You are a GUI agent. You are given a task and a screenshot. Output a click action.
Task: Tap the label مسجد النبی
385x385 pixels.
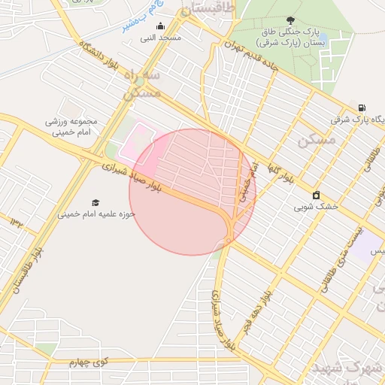159,37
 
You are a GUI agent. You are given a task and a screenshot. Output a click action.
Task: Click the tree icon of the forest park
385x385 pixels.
290,21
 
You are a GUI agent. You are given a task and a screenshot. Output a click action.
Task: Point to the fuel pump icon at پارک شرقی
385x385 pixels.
362,108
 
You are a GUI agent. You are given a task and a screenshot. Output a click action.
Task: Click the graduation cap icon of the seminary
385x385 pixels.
95,203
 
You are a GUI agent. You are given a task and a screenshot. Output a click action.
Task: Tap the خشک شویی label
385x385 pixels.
316,205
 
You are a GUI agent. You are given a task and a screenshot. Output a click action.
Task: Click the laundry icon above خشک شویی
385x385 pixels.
316,195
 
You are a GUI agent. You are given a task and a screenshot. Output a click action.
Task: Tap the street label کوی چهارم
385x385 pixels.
89,362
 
